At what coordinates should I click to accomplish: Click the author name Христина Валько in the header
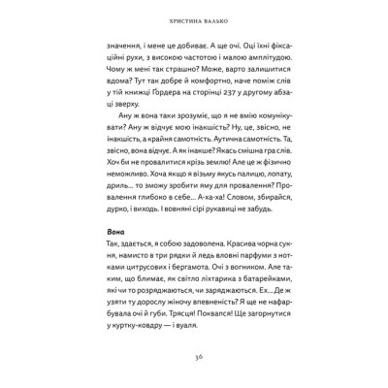coord(193,17)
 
